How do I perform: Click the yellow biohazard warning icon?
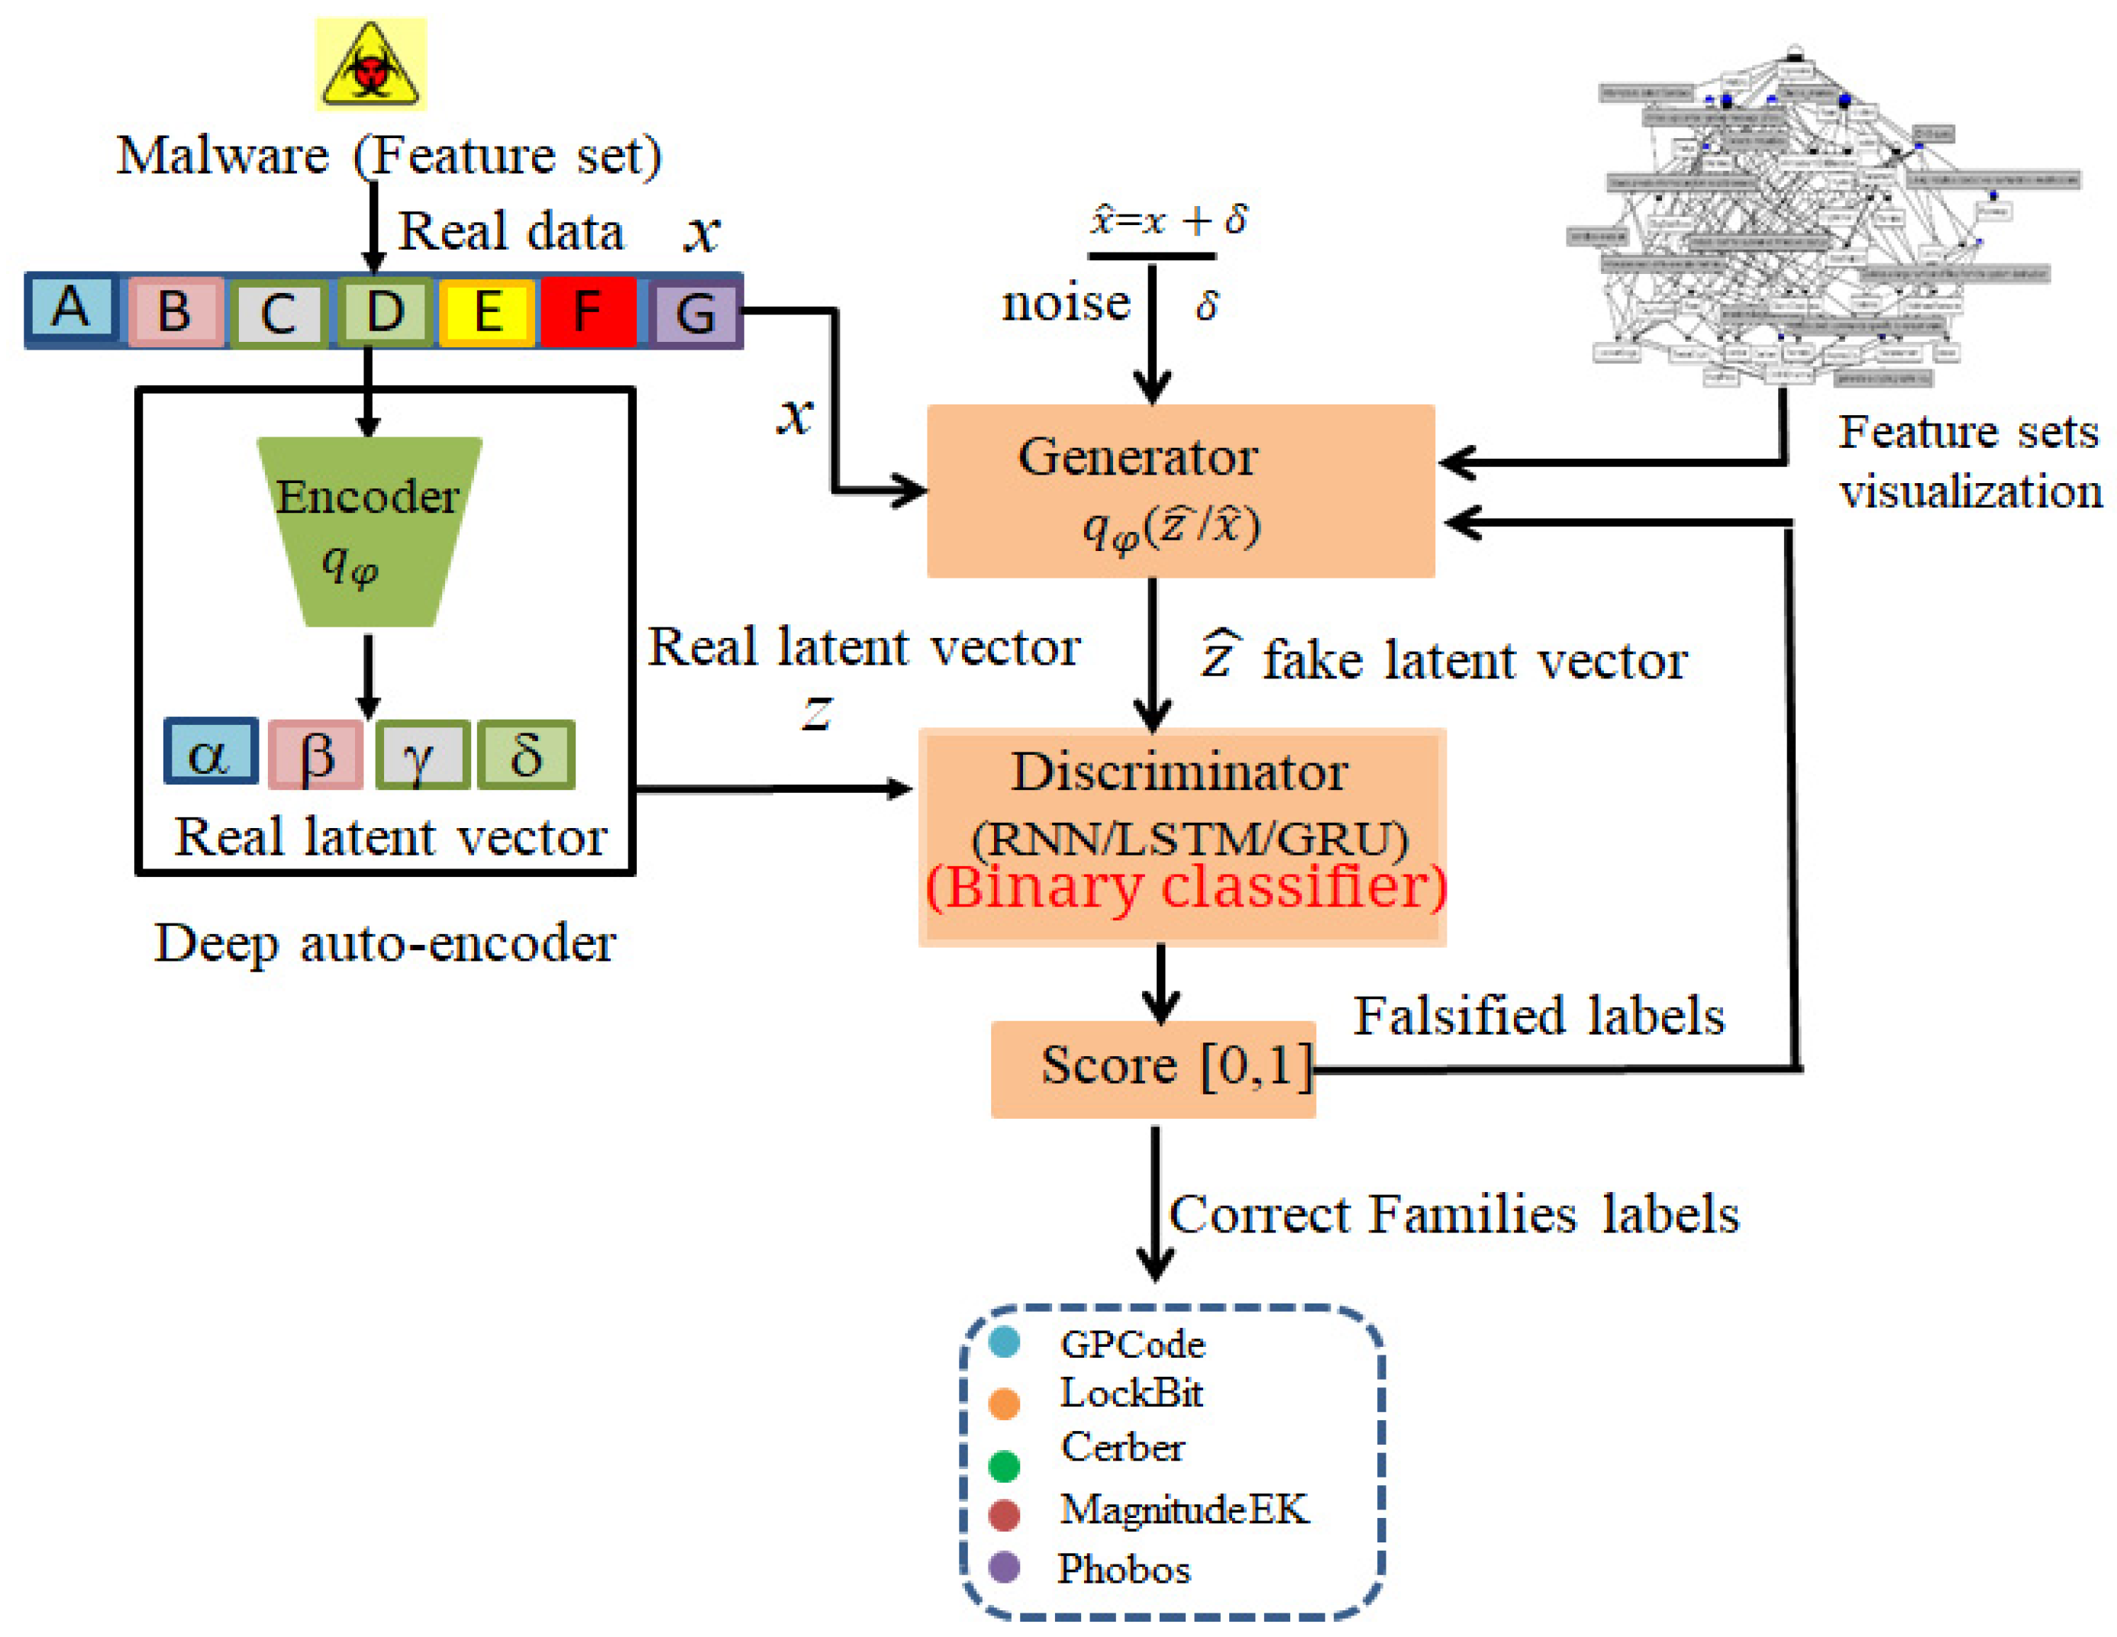click(370, 64)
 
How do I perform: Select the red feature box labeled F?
click(587, 312)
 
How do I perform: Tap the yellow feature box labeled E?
click(486, 312)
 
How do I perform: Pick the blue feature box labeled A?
click(72, 308)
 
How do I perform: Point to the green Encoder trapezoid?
click(368, 531)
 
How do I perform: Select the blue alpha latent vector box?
click(211, 751)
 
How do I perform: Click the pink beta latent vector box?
click(316, 755)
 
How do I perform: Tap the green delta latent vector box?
click(526, 755)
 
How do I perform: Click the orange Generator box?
click(1180, 491)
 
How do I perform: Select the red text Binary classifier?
click(1186, 886)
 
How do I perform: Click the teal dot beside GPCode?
click(1004, 1342)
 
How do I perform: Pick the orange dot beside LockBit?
click(1004, 1403)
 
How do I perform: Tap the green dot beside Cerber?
click(1004, 1466)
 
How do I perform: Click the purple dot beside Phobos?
click(1004, 1568)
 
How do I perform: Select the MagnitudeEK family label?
click(1183, 1509)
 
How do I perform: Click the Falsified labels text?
click(1538, 1016)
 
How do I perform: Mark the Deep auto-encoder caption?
click(385, 943)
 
